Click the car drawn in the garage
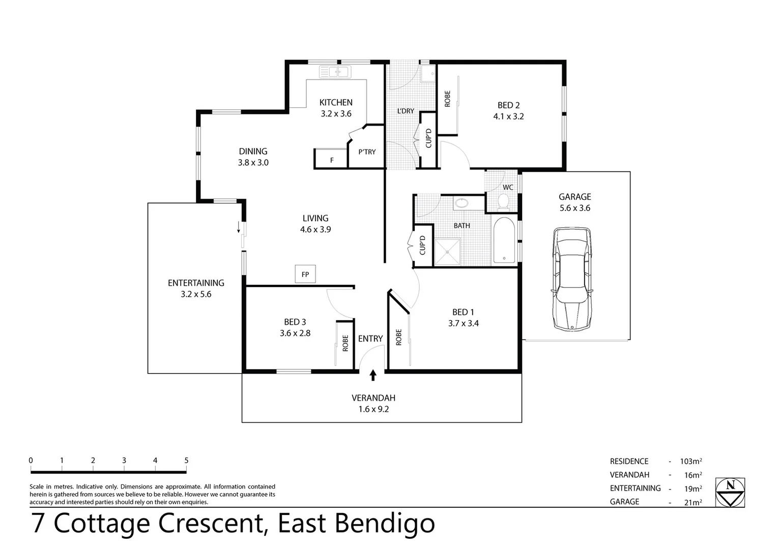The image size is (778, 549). click(x=572, y=280)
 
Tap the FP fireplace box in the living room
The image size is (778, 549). click(x=305, y=274)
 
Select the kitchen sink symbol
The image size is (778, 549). click(x=334, y=72)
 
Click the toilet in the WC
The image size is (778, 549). click(x=503, y=202)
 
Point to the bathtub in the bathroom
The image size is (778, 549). click(x=504, y=240)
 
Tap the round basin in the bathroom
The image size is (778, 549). click(x=462, y=203)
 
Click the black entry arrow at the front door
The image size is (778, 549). click(x=373, y=375)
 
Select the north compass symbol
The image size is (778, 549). click(x=730, y=492)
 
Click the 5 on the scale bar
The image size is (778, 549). click(x=186, y=461)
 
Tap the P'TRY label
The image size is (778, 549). click(x=367, y=151)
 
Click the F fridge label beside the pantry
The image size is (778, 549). click(x=332, y=160)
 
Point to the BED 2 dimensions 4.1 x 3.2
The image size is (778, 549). click(x=508, y=116)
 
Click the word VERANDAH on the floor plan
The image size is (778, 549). click(x=373, y=398)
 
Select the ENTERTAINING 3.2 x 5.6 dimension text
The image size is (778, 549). click(x=196, y=294)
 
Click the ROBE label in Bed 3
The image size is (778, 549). click(x=345, y=343)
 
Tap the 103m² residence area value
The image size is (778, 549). click(x=690, y=462)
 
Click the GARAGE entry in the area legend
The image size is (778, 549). click(x=624, y=502)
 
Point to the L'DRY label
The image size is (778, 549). click(x=406, y=111)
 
